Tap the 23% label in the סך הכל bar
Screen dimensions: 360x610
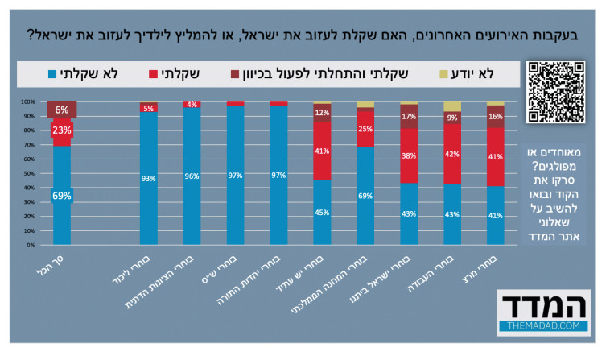[x=63, y=130]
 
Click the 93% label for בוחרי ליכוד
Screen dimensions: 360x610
[x=149, y=179]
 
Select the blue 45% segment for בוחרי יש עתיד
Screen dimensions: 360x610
[x=322, y=213]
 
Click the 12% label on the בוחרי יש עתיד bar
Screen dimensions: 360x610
[x=322, y=113]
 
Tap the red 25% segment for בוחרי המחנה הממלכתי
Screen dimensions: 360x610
[x=365, y=130]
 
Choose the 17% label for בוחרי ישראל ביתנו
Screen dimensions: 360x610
[x=409, y=116]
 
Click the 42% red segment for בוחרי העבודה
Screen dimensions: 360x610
[x=452, y=153]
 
